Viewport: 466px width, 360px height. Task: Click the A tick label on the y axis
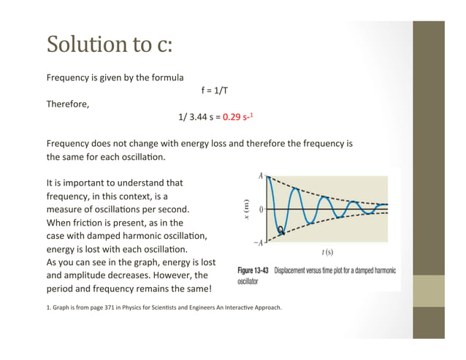tap(261, 176)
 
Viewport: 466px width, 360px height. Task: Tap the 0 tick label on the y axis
tap(261, 210)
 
